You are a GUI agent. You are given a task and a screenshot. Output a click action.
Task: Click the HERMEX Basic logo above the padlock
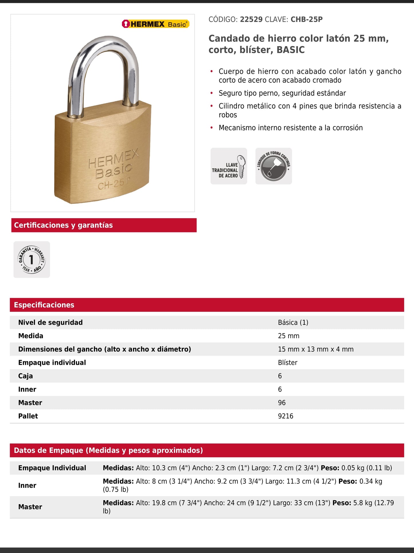point(155,24)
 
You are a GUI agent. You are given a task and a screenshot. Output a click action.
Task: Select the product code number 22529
point(251,20)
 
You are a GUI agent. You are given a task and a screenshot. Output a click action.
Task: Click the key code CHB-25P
point(306,20)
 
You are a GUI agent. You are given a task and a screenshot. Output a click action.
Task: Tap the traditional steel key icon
point(229,166)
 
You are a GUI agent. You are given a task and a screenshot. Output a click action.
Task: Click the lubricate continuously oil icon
point(274,166)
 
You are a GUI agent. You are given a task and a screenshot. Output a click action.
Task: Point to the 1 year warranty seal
point(32,259)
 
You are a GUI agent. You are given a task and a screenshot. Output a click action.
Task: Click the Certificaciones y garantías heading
point(63,225)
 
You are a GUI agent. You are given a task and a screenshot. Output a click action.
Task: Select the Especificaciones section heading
point(44,305)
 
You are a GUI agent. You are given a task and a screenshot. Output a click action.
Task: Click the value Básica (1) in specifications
point(293,323)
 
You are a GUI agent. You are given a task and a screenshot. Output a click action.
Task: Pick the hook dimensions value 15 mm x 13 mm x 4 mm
point(315,349)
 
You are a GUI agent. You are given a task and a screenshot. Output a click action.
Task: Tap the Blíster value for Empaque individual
point(287,363)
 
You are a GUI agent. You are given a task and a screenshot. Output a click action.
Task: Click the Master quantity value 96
point(282,403)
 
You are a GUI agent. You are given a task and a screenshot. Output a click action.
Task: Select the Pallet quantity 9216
point(285,416)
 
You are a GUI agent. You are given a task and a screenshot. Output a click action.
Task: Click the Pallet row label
point(28,416)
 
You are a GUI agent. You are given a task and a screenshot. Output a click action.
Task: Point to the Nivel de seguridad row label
point(50,323)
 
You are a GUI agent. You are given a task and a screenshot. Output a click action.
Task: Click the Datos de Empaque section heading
point(108,450)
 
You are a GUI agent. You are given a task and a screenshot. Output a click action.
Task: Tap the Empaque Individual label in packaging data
point(52,468)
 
